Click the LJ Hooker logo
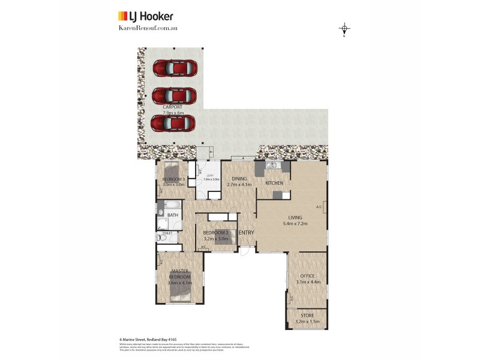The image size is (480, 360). pos(145,16)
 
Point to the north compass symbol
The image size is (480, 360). pos(344,29)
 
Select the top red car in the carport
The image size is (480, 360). pos(174,68)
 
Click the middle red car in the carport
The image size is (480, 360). pos(174,95)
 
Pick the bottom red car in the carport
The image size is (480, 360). pos(174,122)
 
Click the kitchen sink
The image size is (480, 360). pos(272,165)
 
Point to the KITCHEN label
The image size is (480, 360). pos(274,183)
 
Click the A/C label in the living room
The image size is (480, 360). pos(319,207)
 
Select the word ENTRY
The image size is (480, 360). pos(246,233)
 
